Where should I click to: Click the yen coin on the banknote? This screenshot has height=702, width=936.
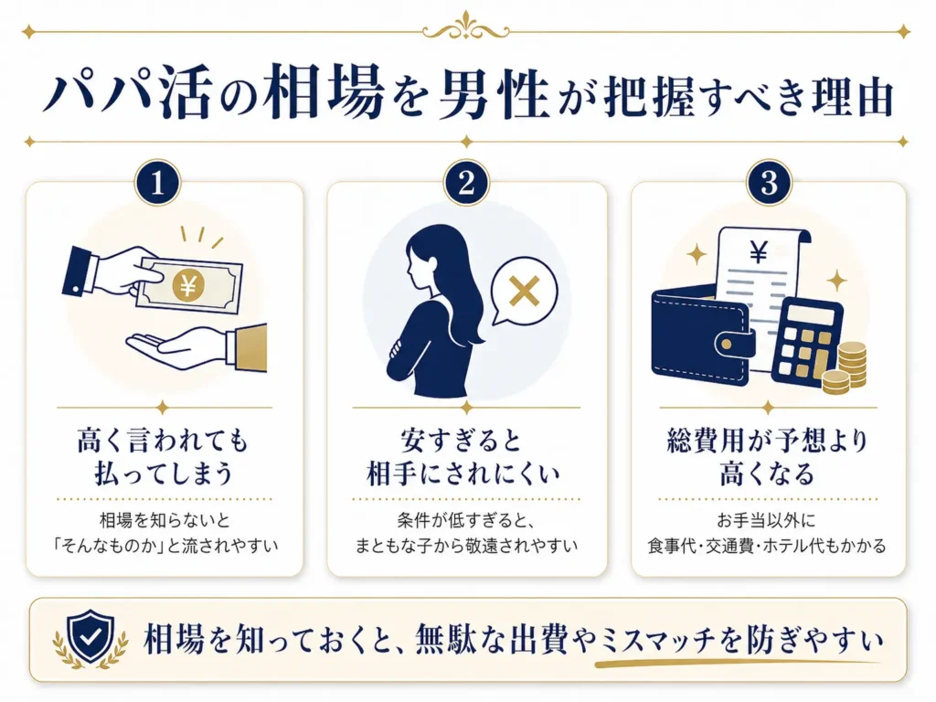coord(187,287)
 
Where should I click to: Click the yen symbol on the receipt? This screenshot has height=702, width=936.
coord(758,252)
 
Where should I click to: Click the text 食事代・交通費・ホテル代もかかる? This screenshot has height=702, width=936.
coord(768,547)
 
